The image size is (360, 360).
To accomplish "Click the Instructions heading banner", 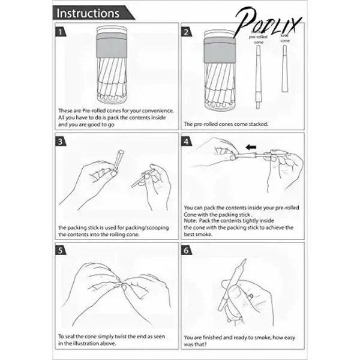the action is point(93,13).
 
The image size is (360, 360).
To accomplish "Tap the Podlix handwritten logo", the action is point(268,22).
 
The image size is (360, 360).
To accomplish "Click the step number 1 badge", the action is point(61,32).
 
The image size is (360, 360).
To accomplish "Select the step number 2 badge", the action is point(187,32).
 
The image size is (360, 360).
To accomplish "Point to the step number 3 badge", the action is point(61,142).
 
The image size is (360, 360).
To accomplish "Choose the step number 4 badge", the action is point(187,142).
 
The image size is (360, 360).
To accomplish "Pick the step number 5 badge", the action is point(61,250).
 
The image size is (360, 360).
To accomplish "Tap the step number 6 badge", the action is point(187,250).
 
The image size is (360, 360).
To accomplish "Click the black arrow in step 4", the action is point(251,147).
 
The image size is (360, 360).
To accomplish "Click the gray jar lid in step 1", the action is point(112,45).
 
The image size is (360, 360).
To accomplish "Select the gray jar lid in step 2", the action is point(220,50).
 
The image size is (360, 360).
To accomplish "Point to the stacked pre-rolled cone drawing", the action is point(259,77).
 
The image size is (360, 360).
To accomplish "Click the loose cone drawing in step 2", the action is point(284,68).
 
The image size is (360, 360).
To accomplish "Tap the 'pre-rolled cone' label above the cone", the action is point(258,39).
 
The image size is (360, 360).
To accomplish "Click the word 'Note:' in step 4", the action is point(190,221).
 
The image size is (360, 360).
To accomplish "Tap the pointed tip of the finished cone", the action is point(245,260).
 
